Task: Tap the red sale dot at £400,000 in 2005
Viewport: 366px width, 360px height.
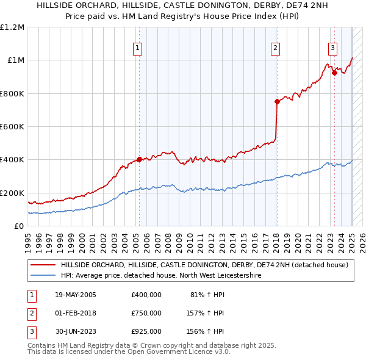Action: click(x=139, y=160)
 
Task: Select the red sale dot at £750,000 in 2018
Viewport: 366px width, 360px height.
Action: click(x=277, y=102)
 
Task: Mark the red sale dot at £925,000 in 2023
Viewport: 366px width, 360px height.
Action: click(x=334, y=73)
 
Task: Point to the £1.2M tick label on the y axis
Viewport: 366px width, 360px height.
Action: click(x=13, y=27)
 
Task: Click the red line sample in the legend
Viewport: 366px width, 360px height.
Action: click(x=43, y=265)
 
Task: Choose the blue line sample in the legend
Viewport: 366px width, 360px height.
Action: click(x=43, y=276)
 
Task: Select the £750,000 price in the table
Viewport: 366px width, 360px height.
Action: click(x=146, y=313)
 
